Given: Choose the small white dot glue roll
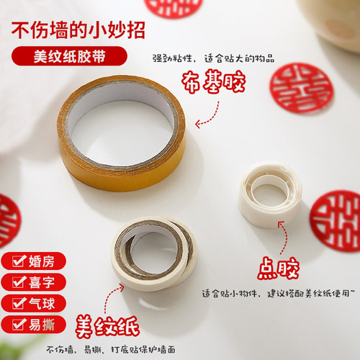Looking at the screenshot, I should [269, 194].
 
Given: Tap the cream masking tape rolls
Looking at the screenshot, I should [155, 252].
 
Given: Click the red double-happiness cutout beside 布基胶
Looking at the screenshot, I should [301, 88].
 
